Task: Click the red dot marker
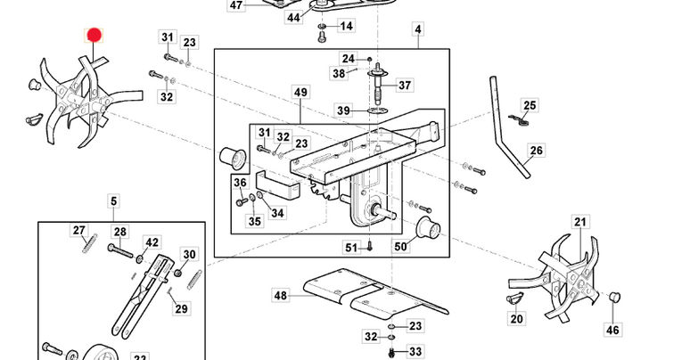[x=94, y=36]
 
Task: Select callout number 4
[x=418, y=29]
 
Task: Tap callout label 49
[x=300, y=92]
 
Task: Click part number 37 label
[x=405, y=86]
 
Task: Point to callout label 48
[x=281, y=296]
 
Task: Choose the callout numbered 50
[x=400, y=247]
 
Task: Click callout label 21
[x=580, y=222]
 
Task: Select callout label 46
[x=612, y=330]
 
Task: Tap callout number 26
[x=537, y=151]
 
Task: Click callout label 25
[x=530, y=105]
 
